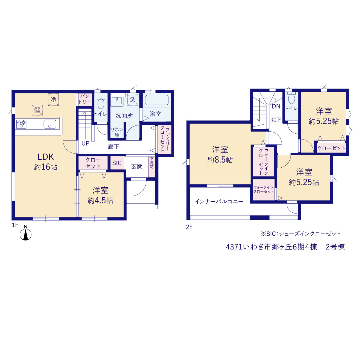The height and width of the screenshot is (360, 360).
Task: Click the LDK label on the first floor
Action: [46, 157]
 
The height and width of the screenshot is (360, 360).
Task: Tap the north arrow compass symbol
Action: [26, 234]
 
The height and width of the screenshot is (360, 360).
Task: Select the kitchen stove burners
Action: [21, 124]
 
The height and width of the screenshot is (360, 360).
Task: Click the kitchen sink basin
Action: [50, 124]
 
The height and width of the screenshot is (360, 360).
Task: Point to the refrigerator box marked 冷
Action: [53, 100]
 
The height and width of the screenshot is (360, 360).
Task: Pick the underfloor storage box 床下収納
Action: [37, 110]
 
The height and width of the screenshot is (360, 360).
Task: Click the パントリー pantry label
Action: [85, 99]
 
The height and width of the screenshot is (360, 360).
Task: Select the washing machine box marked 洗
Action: [133, 99]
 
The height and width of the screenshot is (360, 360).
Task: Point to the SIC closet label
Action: [117, 163]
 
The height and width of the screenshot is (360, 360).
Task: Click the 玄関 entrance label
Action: [137, 166]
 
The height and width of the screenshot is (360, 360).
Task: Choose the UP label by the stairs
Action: [85, 143]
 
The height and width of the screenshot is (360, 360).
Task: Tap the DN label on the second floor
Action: [276, 106]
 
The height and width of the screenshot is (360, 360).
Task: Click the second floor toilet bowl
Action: [292, 99]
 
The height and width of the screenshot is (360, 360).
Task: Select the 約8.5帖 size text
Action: [220, 160]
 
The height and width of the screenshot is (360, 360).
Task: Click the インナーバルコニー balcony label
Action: [219, 202]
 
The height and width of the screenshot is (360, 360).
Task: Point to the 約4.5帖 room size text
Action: [100, 201]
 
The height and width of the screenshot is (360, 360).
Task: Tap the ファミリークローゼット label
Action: [165, 139]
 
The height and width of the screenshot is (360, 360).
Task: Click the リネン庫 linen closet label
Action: [117, 132]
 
